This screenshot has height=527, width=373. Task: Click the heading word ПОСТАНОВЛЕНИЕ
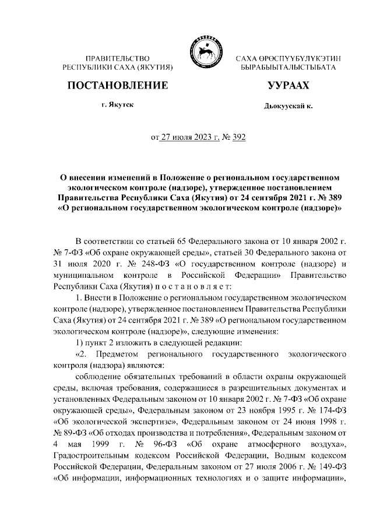tap(118, 86)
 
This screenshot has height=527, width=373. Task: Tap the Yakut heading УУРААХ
tap(288, 86)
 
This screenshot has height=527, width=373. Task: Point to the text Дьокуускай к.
tap(288, 107)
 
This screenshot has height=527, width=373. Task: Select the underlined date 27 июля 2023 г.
tap(186, 137)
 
